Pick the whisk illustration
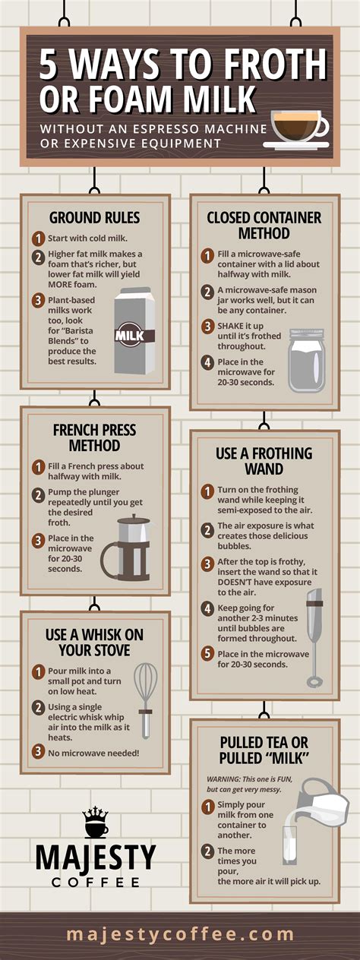click(x=145, y=699)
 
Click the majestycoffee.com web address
click(x=180, y=934)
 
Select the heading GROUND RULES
click(x=95, y=218)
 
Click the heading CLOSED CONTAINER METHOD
click(x=264, y=225)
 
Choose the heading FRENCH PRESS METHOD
click(x=95, y=437)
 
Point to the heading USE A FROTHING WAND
click(x=264, y=461)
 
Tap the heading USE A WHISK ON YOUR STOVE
click(x=95, y=642)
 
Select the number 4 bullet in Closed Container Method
click(x=207, y=363)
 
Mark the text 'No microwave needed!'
click(x=94, y=752)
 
